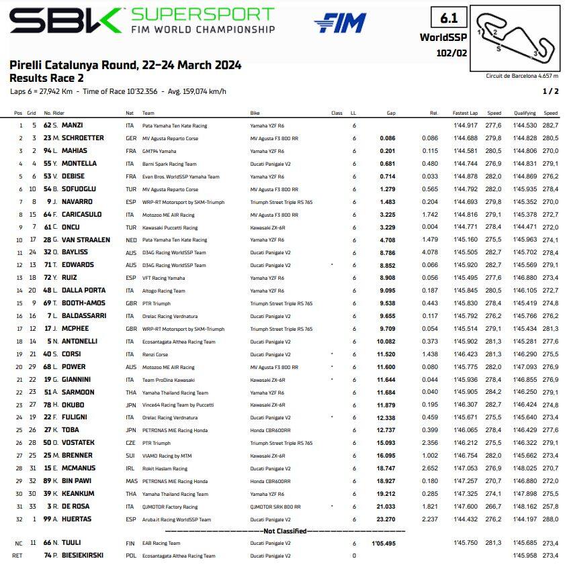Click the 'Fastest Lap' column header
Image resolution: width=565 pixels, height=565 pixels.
pos(465,113)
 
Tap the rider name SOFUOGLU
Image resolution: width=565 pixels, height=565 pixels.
pos(83,189)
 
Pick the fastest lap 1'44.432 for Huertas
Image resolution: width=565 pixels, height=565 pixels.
pos(465,519)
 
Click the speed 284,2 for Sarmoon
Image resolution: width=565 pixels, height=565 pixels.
pos(494,392)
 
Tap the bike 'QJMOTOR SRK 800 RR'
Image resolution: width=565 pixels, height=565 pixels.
pos(275,507)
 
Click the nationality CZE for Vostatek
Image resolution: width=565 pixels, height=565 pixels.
pos(130,443)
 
